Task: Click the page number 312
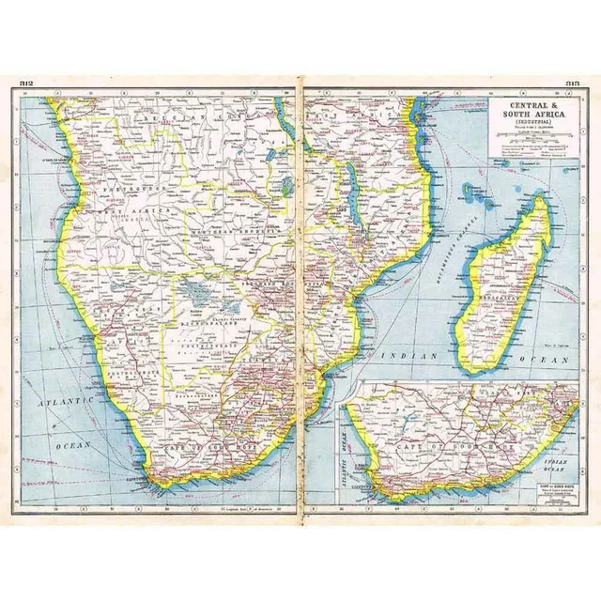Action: pos(26,85)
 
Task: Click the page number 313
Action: pos(571,85)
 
